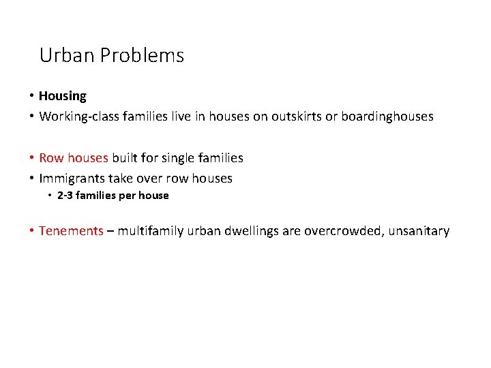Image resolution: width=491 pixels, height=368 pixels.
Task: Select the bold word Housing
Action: tap(63, 96)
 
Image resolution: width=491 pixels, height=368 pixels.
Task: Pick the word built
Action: tap(125, 158)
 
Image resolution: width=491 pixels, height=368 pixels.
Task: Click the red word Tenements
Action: tap(71, 231)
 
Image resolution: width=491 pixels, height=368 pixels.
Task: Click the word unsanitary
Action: tap(419, 231)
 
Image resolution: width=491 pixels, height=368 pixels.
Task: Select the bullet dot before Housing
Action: tap(31, 96)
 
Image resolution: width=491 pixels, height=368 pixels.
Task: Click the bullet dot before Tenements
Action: tap(31, 231)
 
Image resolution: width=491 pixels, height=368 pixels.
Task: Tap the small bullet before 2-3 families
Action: tap(50, 196)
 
